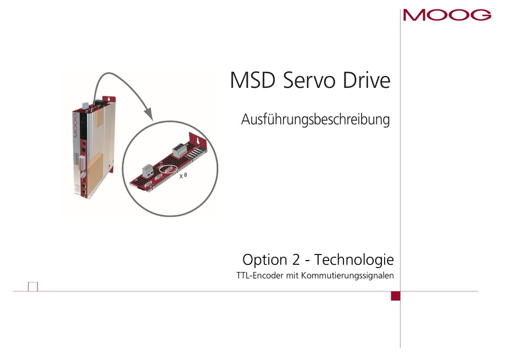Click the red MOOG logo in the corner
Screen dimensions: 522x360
tap(447, 15)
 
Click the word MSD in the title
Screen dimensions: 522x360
tap(253, 80)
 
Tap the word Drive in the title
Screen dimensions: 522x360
tap(366, 80)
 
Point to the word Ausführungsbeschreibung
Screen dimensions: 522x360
tap(315, 120)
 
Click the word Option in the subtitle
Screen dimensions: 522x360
tap(265, 260)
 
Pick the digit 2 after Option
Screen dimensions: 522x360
tap(296, 260)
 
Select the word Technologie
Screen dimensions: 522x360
tap(354, 260)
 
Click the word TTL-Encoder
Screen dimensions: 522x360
tap(260, 276)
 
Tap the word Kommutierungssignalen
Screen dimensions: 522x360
tap(348, 276)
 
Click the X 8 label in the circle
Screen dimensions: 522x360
tap(183, 175)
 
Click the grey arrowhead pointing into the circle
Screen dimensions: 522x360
tap(148, 114)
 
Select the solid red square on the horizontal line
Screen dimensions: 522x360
tap(396, 296)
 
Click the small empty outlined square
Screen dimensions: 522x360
tap(33, 287)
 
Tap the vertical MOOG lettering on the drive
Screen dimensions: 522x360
tap(75, 125)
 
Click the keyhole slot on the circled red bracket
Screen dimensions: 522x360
tap(198, 141)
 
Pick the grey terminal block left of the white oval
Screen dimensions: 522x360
tap(148, 171)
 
